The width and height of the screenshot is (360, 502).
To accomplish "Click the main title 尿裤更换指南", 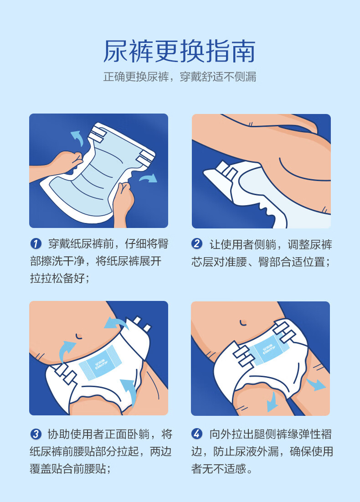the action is pyautogui.click(x=180, y=51).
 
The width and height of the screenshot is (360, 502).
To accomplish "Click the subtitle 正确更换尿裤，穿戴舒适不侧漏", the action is pyautogui.click(x=180, y=77).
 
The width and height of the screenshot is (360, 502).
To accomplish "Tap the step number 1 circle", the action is pyautogui.click(x=36, y=244).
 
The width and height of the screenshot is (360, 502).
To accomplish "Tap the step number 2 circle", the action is pyautogui.click(x=197, y=244).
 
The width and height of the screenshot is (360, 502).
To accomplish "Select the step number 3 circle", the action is pyautogui.click(x=36, y=434).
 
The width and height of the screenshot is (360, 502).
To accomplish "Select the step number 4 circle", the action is pyautogui.click(x=197, y=434).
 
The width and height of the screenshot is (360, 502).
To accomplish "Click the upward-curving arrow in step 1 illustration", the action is pyautogui.click(x=77, y=137).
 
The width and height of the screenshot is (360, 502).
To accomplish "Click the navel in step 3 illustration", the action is pyautogui.click(x=78, y=336).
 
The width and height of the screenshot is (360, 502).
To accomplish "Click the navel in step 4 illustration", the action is pyautogui.click(x=243, y=322).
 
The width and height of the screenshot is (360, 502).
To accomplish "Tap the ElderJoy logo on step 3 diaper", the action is pyautogui.click(x=101, y=364).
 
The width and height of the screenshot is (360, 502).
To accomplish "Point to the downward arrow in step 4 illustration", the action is pyautogui.click(x=273, y=402).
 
